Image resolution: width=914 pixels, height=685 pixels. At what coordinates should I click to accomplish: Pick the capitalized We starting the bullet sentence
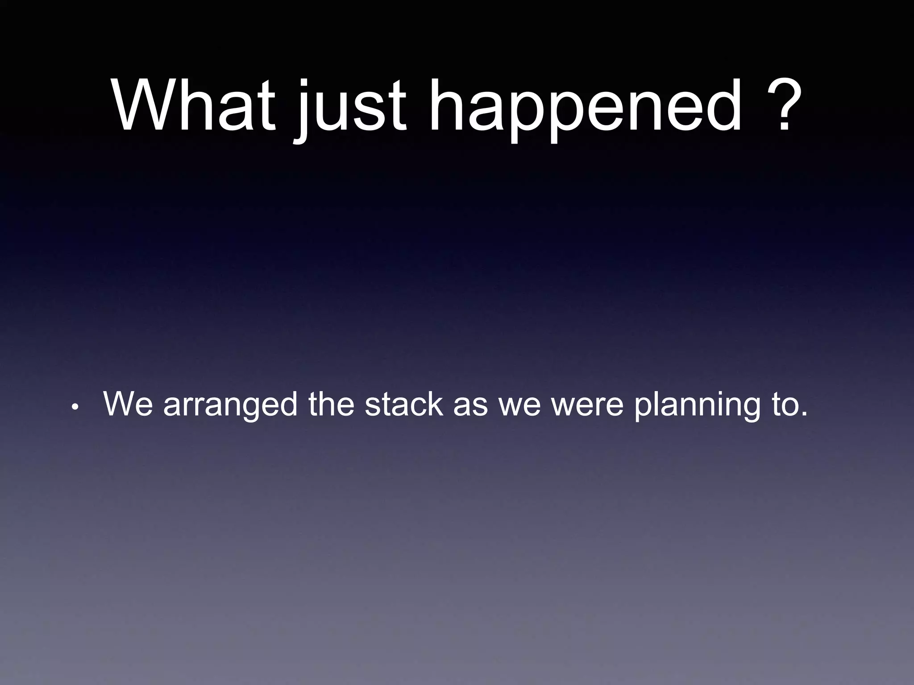tap(128, 404)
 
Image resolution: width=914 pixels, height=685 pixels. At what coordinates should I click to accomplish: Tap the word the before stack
tap(330, 404)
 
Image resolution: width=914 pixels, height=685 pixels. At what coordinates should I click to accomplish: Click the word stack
tap(403, 404)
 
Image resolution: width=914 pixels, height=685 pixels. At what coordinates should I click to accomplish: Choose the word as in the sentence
tap(470, 407)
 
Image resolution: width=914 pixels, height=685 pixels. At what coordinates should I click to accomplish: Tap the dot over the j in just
tap(304, 84)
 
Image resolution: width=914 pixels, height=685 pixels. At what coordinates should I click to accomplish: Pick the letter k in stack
tap(434, 404)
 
